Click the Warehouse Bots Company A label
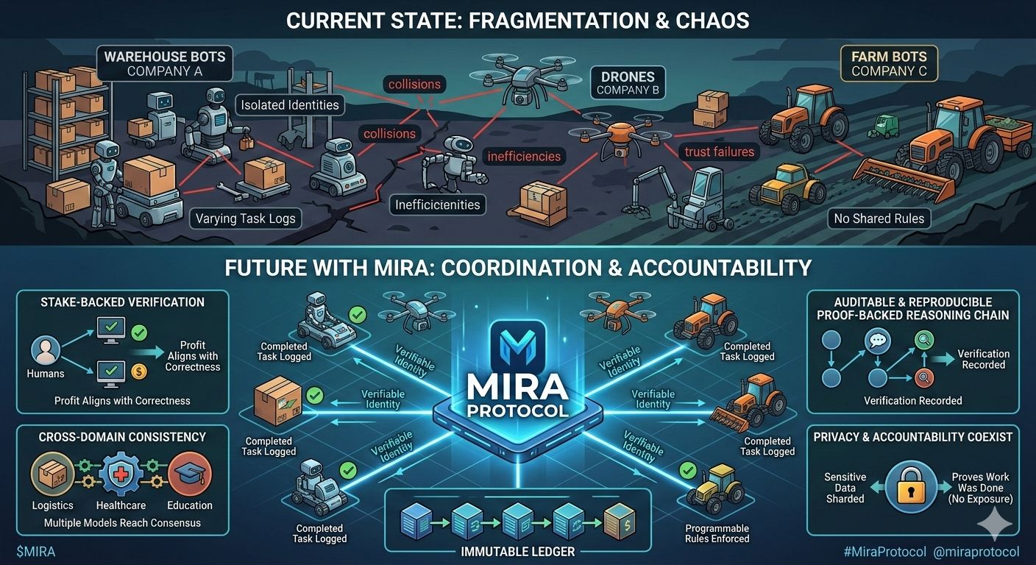click(x=164, y=64)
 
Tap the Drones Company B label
click(x=627, y=82)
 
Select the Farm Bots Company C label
click(x=889, y=64)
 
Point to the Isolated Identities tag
click(x=290, y=105)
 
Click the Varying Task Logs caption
click(x=245, y=218)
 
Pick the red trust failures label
click(x=719, y=152)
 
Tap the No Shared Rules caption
click(x=879, y=218)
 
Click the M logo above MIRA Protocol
click(x=518, y=345)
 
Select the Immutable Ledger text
click(x=517, y=550)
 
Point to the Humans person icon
click(x=46, y=350)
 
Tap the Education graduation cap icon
click(x=189, y=475)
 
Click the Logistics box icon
click(x=52, y=475)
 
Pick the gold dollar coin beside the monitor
click(x=139, y=372)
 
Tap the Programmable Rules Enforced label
click(x=717, y=533)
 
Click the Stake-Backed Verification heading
click(x=122, y=302)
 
